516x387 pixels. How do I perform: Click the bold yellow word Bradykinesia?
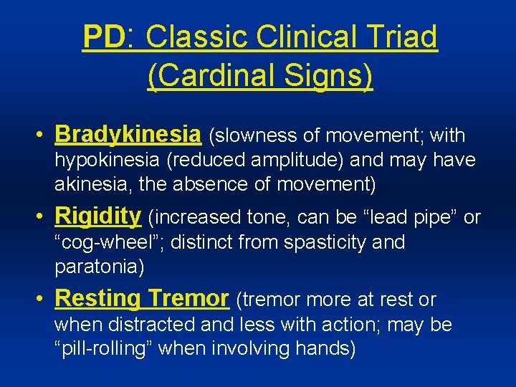(x=128, y=135)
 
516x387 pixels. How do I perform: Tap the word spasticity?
(x=326, y=242)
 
